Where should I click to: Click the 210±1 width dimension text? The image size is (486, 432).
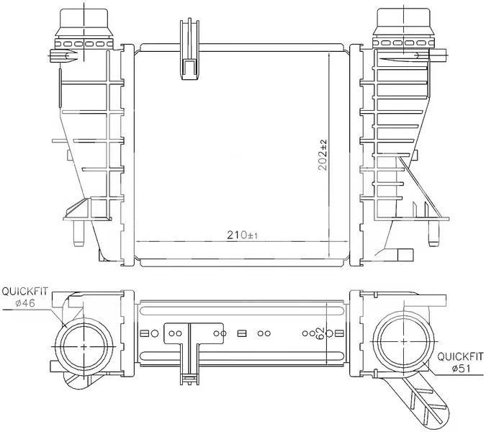[242, 235]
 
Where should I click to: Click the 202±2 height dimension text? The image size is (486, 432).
[323, 155]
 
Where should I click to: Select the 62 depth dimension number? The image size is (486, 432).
[321, 333]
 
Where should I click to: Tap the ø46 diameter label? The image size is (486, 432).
[25, 303]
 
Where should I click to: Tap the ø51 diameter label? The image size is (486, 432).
[462, 368]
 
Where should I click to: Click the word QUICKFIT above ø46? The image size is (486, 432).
[25, 292]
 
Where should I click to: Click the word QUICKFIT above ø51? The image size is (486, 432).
[460, 356]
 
